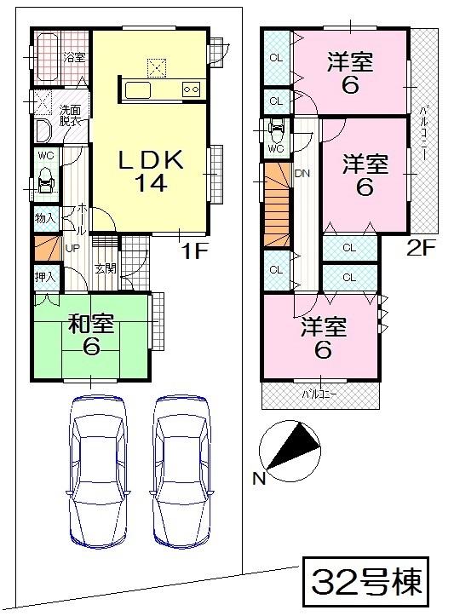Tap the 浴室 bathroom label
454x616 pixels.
pos(74,57)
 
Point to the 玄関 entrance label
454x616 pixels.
pos(105,269)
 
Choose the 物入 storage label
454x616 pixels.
pos(45,219)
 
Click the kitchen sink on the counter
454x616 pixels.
pos(138,90)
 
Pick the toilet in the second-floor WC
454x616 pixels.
pos(275,131)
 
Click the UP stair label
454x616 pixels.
pos(72,248)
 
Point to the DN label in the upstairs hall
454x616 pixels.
pos(302,173)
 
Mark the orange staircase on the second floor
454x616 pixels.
pos(276,208)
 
